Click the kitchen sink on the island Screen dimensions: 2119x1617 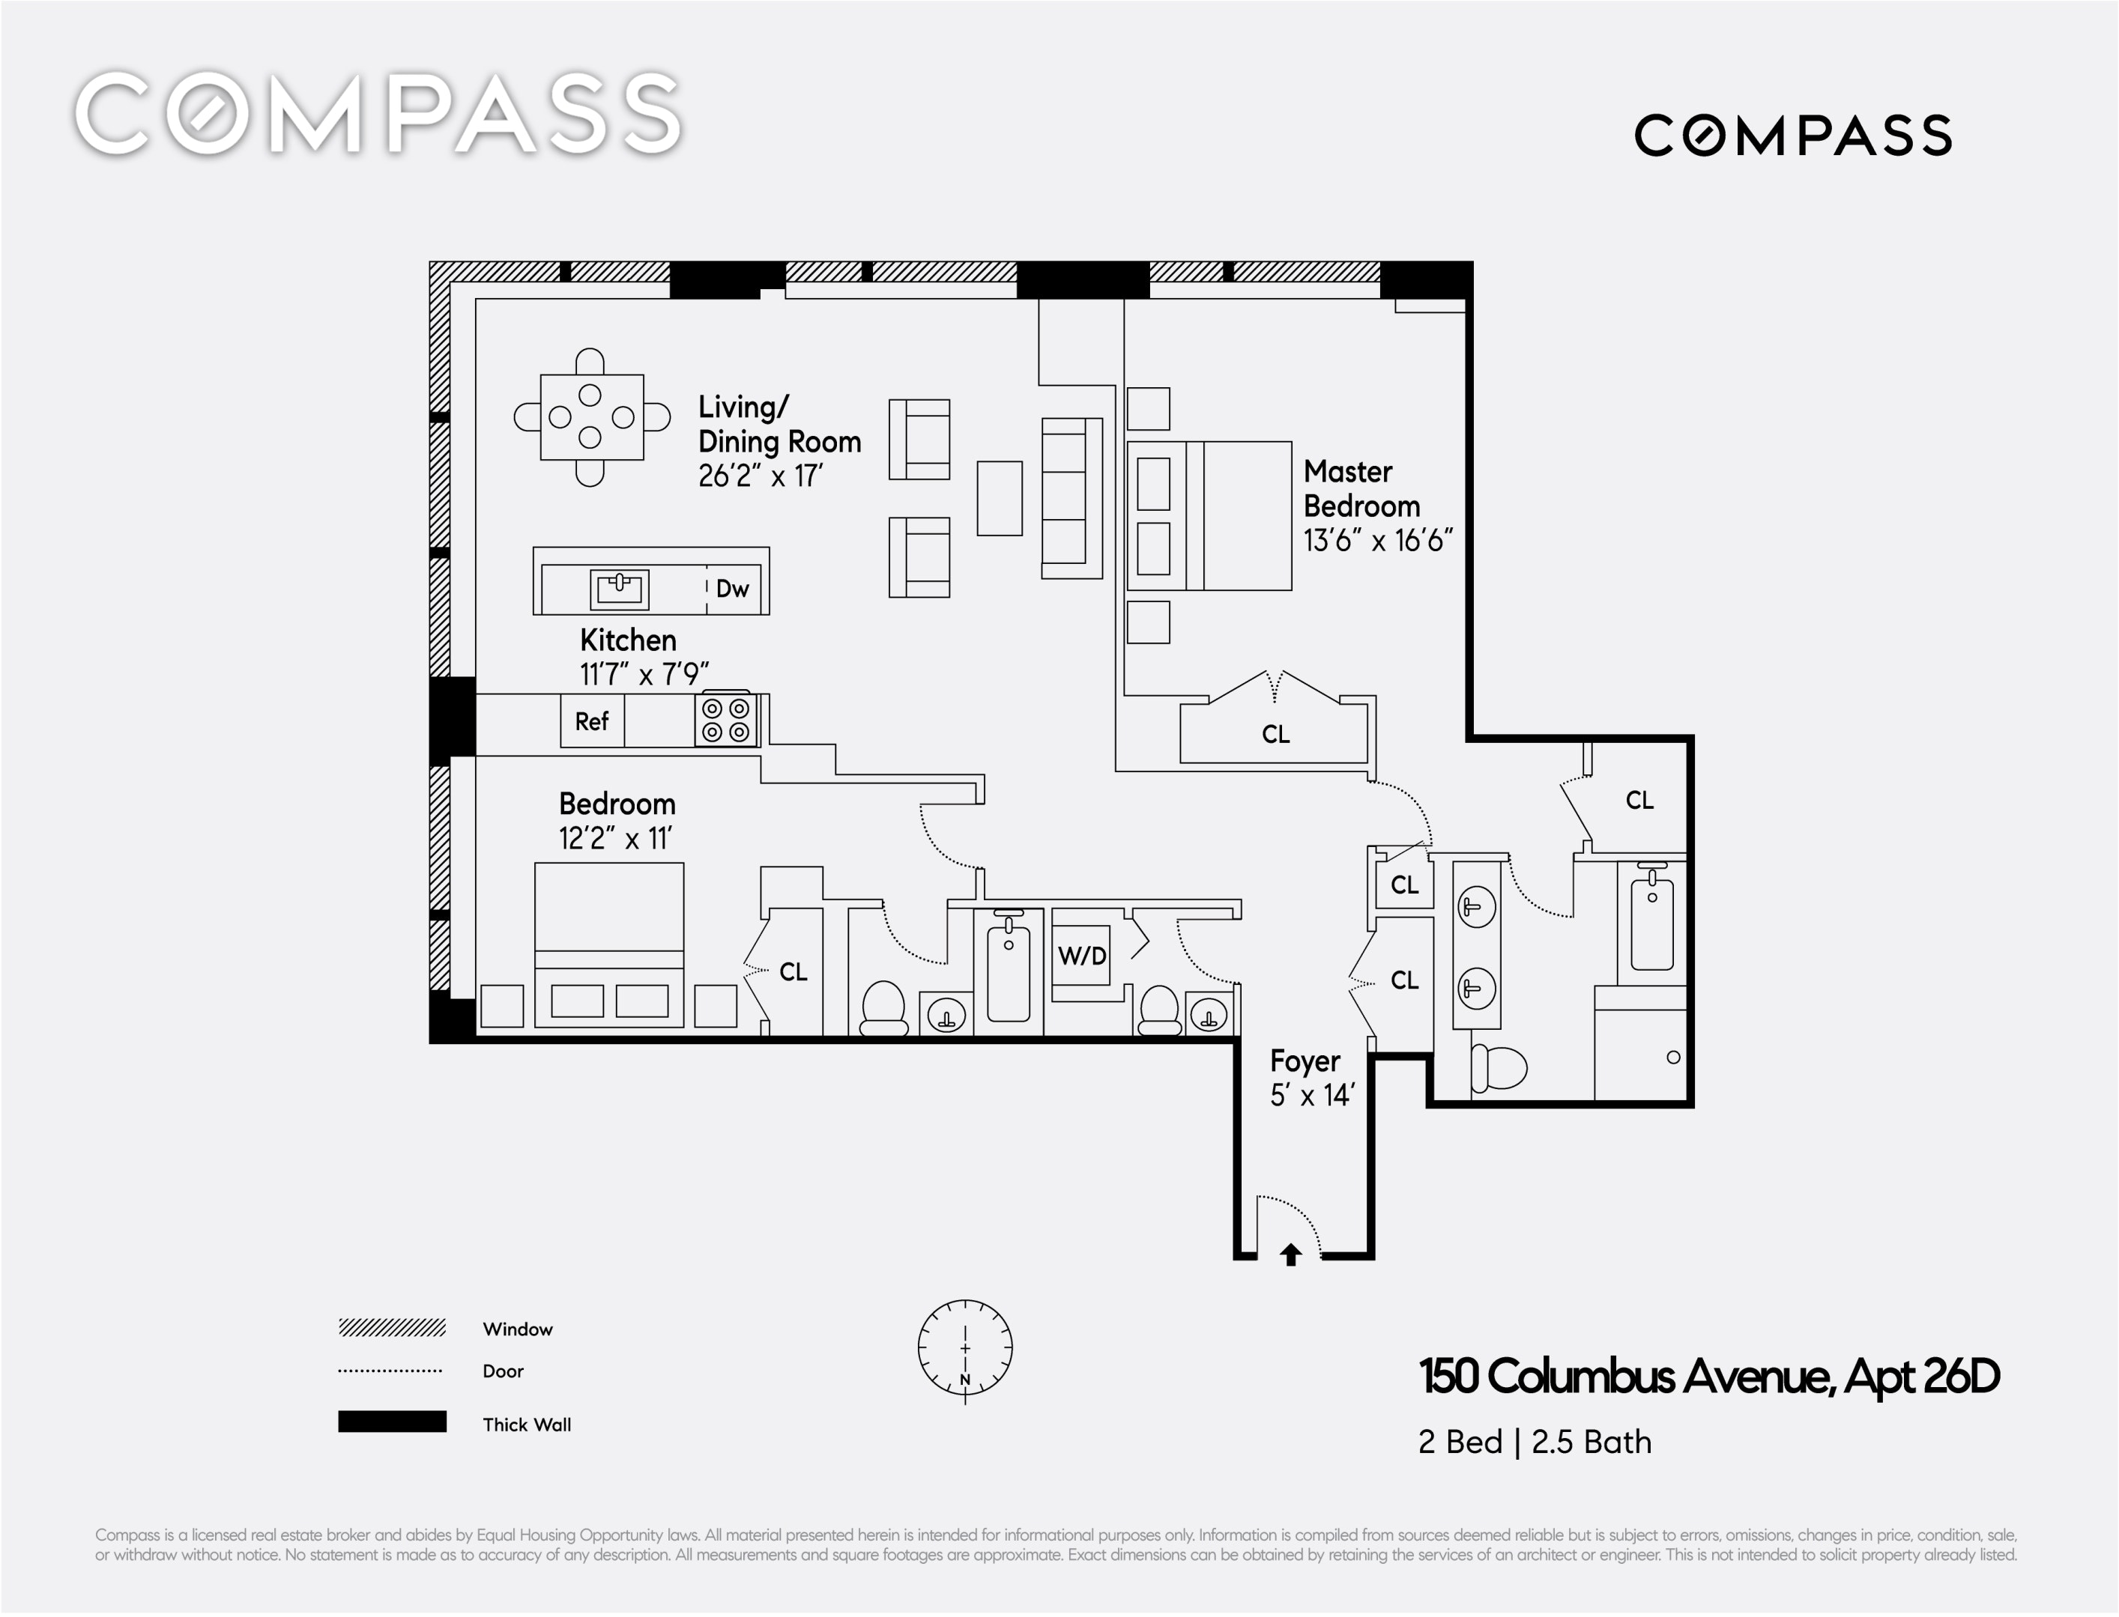point(619,589)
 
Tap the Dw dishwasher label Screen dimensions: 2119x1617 point(732,589)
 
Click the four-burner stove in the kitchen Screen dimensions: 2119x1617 point(726,720)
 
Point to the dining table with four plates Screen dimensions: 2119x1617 point(591,418)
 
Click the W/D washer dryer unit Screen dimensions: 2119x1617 point(1081,956)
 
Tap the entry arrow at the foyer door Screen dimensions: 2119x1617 point(1290,1255)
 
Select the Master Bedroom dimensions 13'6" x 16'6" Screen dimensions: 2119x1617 point(1378,541)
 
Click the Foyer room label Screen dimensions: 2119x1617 point(1305,1061)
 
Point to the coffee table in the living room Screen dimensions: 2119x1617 point(1000,497)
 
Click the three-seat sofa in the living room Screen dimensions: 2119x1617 point(1071,497)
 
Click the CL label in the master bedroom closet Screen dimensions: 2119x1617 point(1275,735)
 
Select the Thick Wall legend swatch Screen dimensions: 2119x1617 point(392,1422)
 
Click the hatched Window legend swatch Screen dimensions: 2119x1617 point(392,1328)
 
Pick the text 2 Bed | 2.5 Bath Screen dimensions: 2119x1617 point(1535,1442)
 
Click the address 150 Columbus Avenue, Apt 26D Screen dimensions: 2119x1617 point(1710,1377)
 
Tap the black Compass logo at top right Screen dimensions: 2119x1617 point(1792,135)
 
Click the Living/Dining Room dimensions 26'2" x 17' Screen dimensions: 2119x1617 point(761,476)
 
